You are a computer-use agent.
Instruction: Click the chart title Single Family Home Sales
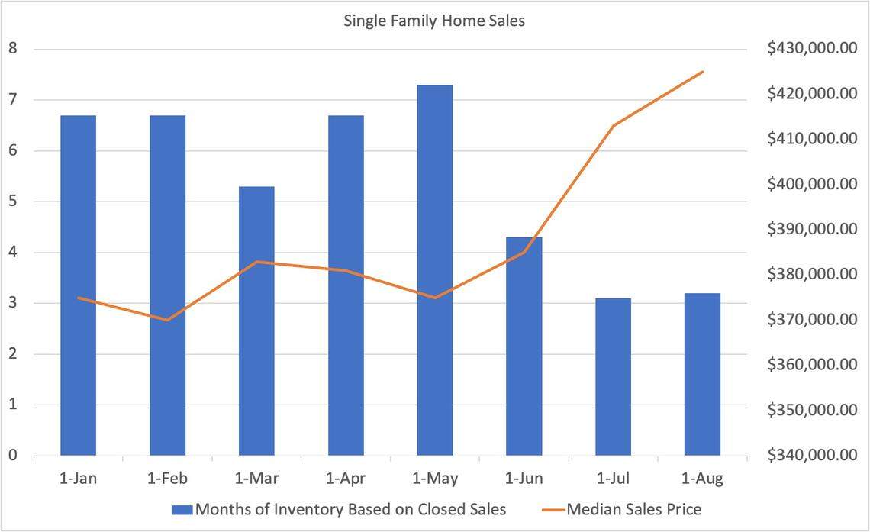(434, 21)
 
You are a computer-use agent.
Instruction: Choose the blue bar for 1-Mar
(256, 321)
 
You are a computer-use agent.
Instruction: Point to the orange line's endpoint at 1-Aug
(702, 72)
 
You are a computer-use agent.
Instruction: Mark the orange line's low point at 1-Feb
(168, 320)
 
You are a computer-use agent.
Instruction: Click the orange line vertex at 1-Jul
(614, 125)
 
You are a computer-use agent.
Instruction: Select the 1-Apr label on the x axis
(346, 479)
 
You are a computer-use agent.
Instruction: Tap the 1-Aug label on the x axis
(702, 479)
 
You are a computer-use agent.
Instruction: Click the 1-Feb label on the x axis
(168, 479)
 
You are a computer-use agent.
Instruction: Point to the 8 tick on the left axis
(13, 49)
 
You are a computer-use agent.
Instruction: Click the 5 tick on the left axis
(13, 202)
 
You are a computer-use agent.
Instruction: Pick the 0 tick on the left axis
(13, 456)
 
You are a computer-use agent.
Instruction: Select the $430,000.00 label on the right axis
(813, 49)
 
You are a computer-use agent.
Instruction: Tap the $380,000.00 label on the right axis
(813, 275)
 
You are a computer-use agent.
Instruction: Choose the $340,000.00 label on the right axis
(813, 456)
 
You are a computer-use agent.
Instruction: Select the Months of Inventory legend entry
(350, 508)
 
